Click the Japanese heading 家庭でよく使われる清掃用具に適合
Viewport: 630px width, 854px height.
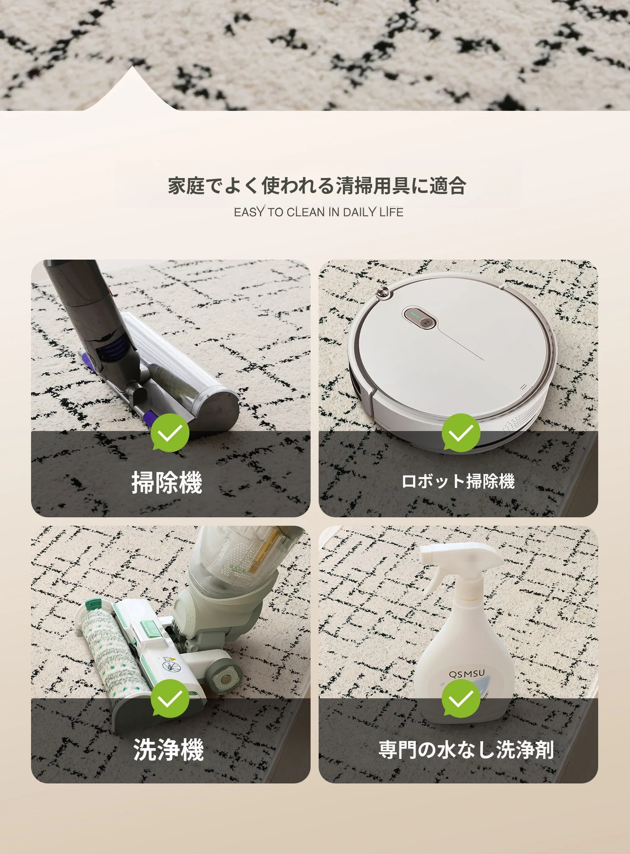(x=317, y=186)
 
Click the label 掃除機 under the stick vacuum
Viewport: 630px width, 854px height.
(x=167, y=482)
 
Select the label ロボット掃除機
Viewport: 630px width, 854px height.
(x=458, y=481)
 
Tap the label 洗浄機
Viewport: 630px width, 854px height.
(x=169, y=749)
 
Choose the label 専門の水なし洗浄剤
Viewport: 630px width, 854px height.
(x=466, y=749)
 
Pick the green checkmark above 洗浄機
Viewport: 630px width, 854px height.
(x=170, y=698)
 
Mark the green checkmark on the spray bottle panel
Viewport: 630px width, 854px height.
(x=461, y=698)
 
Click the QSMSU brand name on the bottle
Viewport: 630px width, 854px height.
(x=467, y=674)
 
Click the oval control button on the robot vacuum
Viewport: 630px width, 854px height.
(x=419, y=318)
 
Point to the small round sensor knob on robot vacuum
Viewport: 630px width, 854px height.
(x=382, y=293)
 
